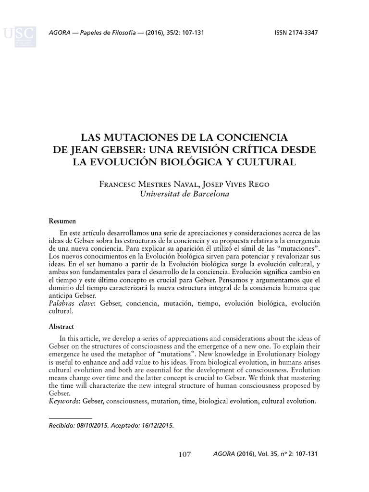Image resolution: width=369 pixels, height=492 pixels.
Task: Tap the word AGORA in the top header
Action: [60, 33]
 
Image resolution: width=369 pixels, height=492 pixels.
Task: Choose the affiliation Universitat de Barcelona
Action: [184, 194]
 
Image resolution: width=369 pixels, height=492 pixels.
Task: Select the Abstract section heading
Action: [61, 326]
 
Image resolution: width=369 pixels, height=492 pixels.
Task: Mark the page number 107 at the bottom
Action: [184, 454]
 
